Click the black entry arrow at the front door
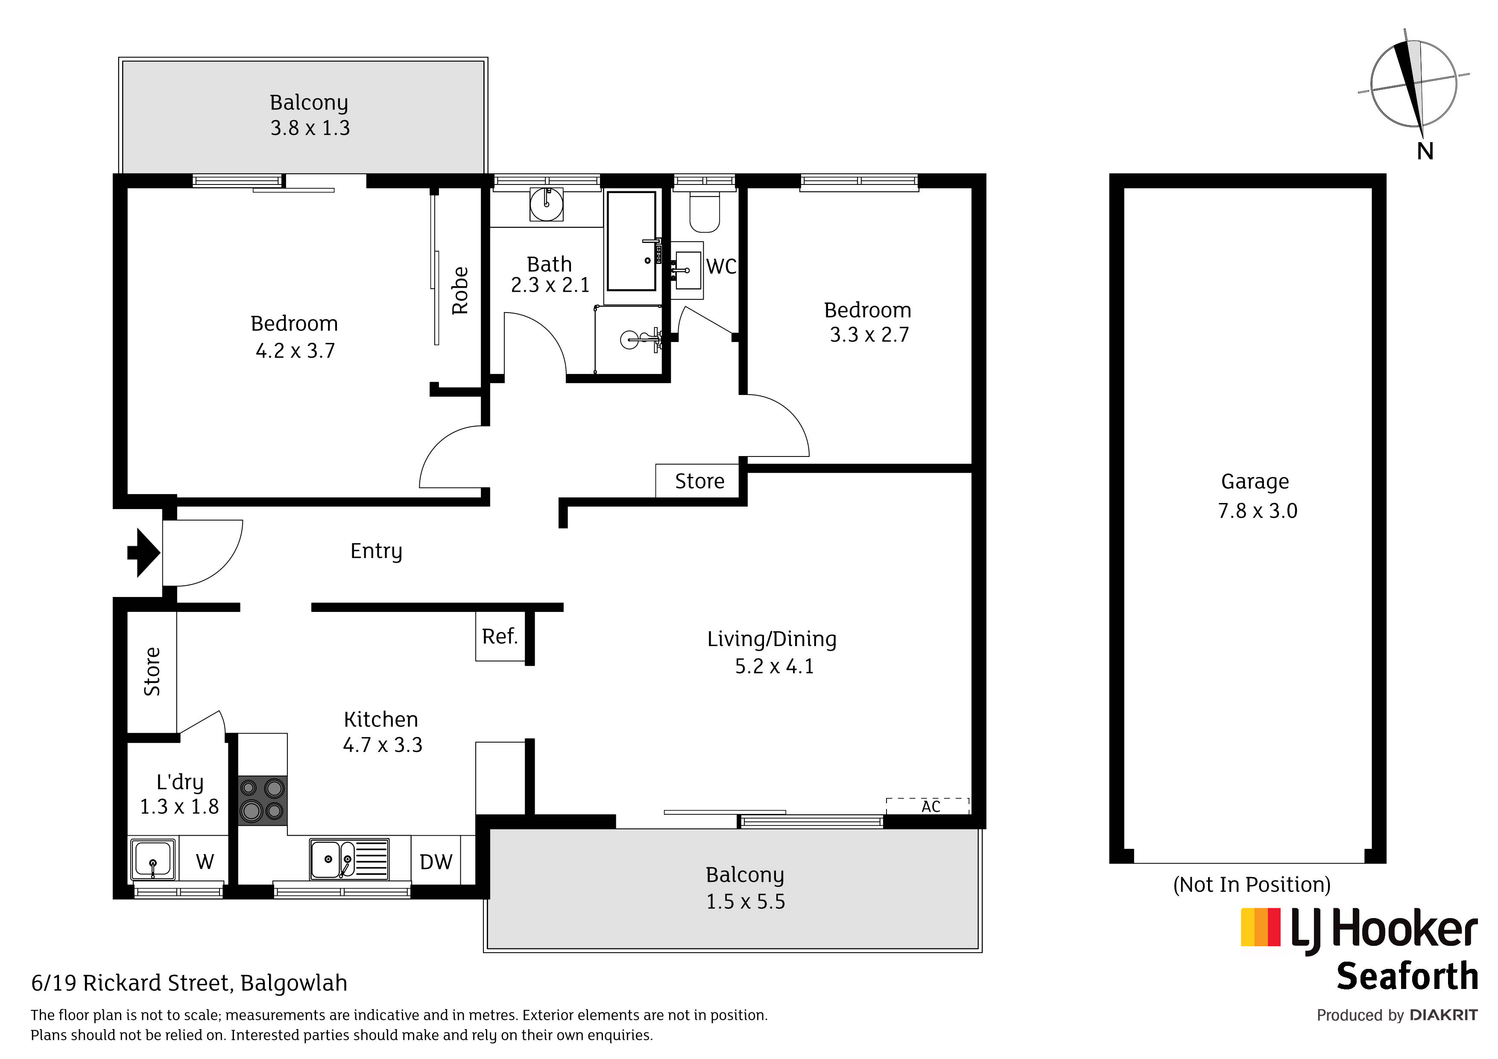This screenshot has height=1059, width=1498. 143,553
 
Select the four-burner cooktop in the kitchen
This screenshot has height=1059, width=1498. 262,801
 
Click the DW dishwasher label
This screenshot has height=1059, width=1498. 436,862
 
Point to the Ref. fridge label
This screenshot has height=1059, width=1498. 500,636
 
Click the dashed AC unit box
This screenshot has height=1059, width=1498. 927,806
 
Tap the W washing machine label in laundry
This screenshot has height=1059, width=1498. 205,862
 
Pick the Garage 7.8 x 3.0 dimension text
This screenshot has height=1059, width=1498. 1257,510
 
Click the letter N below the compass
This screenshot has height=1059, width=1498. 1425,152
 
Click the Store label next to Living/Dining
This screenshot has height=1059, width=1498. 699,481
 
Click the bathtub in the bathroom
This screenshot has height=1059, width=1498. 632,241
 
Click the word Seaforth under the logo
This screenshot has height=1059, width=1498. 1407,977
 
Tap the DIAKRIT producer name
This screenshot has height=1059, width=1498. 1444,1015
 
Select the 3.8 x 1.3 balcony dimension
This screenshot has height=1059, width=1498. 310,128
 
